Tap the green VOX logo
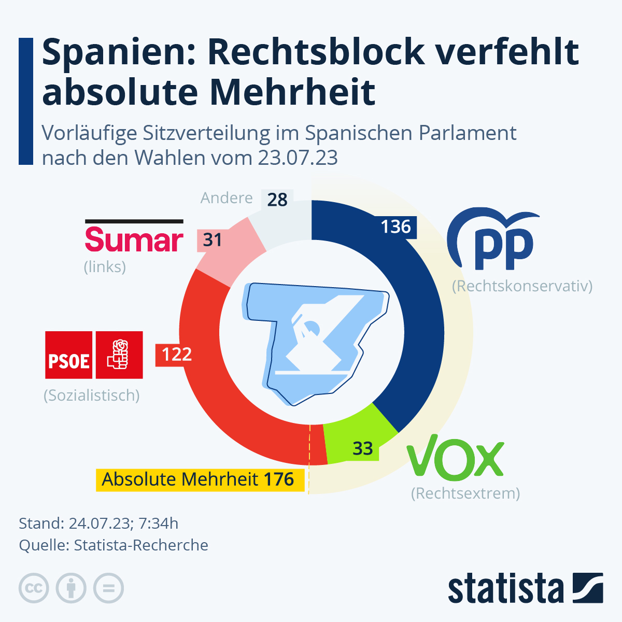pyautogui.click(x=455, y=459)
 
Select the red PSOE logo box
pyautogui.click(x=94, y=355)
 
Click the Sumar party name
pyautogui.click(x=134, y=240)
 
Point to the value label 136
pyautogui.click(x=395, y=227)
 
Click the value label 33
pyautogui.click(x=362, y=448)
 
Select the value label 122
pyautogui.click(x=176, y=355)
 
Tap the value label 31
pyautogui.click(x=213, y=240)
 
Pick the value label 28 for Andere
pyautogui.click(x=277, y=200)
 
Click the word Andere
pyautogui.click(x=227, y=198)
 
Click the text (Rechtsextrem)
pyautogui.click(x=465, y=493)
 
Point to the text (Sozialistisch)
pyautogui.click(x=92, y=395)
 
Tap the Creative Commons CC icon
pyautogui.click(x=34, y=588)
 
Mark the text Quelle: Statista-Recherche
pyautogui.click(x=114, y=545)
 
